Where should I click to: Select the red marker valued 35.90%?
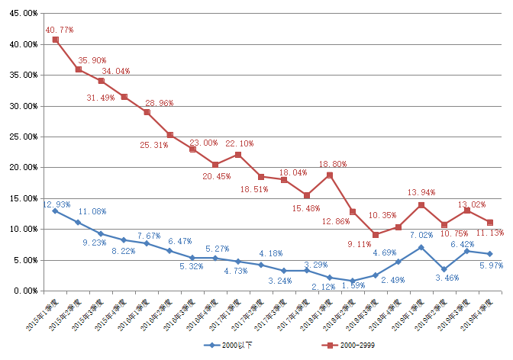click(x=78, y=69)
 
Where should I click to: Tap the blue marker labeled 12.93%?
click(x=55, y=211)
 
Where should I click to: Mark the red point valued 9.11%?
click(x=376, y=234)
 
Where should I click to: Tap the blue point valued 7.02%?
click(x=421, y=247)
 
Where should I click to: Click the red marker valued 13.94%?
click(x=421, y=204)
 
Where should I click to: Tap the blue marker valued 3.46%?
click(x=444, y=269)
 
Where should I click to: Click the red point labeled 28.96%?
click(x=147, y=112)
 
